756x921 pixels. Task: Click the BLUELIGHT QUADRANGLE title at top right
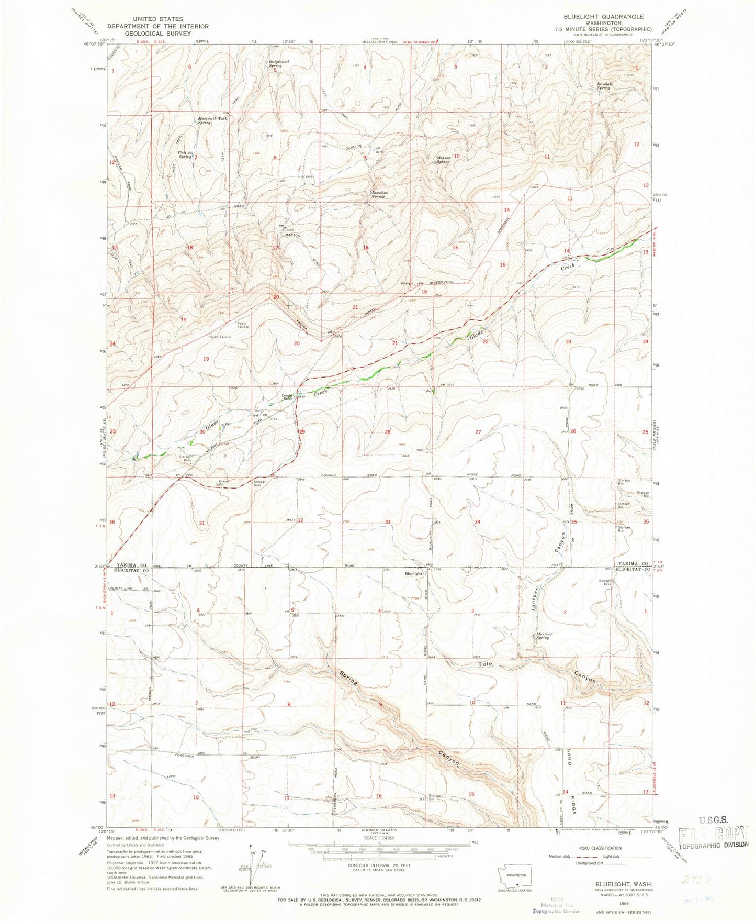tap(603, 17)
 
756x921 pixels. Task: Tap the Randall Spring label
tap(603, 86)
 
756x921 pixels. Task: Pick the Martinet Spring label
tap(543, 636)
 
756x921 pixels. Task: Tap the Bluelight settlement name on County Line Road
tap(413, 574)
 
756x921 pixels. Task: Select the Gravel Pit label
tap(224, 482)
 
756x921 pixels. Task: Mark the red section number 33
tap(388, 522)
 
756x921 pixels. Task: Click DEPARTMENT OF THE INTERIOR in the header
tap(157, 26)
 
